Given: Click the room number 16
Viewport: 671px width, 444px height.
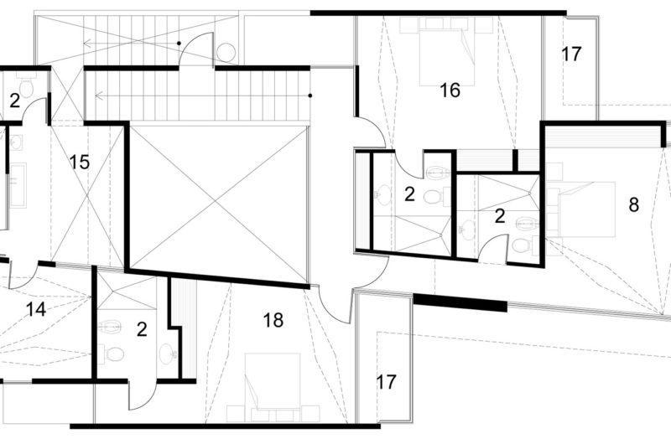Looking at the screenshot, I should click(450, 90).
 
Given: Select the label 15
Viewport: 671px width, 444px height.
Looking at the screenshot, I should click(80, 162).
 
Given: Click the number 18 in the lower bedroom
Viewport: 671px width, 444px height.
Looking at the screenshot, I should click(273, 319).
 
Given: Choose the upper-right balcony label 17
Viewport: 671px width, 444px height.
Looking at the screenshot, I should click(571, 55).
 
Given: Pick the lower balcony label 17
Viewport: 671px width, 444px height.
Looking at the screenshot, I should click(386, 382).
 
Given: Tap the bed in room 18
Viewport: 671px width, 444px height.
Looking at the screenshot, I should click(273, 382).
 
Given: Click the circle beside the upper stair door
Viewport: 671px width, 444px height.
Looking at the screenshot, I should click(226, 53).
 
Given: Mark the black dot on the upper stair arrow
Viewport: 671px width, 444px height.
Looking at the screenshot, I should click(178, 44).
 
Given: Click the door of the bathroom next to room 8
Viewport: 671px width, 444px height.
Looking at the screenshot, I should click(497, 248).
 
